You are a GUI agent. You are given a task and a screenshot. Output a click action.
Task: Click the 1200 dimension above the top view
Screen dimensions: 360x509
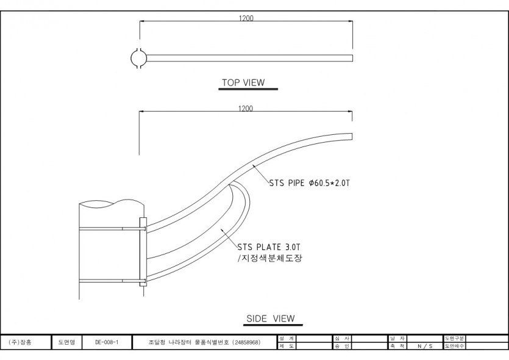(x=246, y=18)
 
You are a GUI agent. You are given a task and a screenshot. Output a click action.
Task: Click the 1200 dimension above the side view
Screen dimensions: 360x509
(x=246, y=109)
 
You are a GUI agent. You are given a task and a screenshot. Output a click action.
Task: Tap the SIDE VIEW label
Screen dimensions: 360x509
(x=270, y=319)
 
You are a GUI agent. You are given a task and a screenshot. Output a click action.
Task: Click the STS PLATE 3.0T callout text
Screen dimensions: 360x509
(x=268, y=247)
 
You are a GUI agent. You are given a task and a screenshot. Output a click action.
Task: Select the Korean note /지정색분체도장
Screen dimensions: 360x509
(x=268, y=259)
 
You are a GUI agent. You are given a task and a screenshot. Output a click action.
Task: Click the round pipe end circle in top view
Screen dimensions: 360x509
(x=140, y=58)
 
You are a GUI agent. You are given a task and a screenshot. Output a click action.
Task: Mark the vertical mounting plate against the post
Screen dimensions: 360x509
(x=143, y=252)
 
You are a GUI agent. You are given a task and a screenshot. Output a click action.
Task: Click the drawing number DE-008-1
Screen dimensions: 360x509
(x=107, y=343)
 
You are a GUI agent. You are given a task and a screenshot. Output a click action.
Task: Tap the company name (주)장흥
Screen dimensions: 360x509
(x=21, y=343)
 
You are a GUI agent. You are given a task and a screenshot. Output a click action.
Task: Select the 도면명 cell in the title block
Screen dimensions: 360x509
(x=66, y=343)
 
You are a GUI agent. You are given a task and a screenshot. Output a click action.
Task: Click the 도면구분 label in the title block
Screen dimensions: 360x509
(x=455, y=338)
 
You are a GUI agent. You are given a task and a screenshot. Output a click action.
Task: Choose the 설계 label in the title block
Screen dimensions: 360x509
(x=287, y=338)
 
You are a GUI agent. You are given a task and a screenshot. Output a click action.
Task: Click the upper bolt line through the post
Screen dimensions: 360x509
(x=110, y=229)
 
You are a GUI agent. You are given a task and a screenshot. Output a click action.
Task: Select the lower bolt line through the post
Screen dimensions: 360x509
(x=110, y=280)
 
